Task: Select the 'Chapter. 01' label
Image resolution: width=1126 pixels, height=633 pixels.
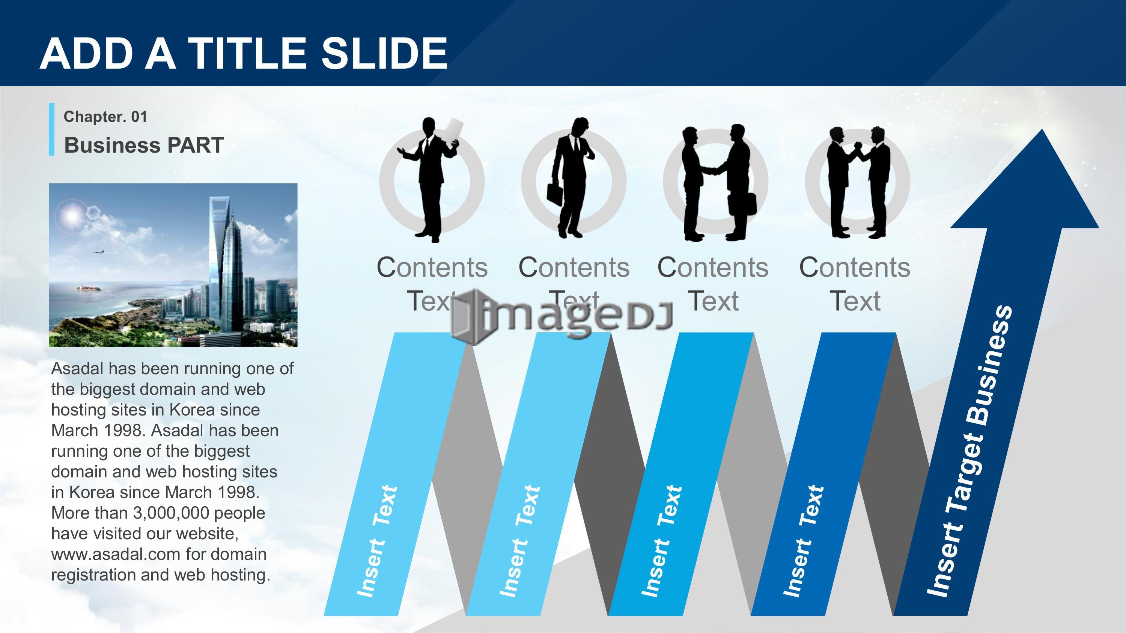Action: pos(105,117)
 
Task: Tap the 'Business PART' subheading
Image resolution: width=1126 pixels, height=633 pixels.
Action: pos(144,145)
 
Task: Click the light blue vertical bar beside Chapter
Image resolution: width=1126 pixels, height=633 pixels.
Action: pos(51,129)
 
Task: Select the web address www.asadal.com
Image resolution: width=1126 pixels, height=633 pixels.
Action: pos(116,554)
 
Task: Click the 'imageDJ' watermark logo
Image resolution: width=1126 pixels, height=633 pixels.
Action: pos(562,315)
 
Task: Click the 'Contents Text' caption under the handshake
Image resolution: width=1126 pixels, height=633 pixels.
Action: pos(713,284)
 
